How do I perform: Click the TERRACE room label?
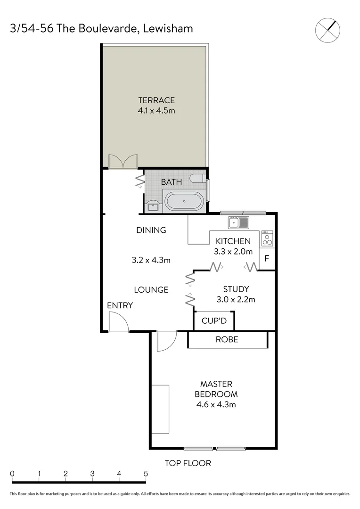coord(156,100)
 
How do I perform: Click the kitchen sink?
coord(238,222)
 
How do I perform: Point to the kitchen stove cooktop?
coord(267,238)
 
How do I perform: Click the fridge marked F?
coord(267,258)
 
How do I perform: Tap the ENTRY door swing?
coord(119,322)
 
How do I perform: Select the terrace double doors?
coord(123,161)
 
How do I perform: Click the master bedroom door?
coord(166,341)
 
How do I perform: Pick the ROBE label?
coord(227,339)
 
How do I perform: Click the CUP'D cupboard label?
coord(214,321)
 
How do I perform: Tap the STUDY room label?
coord(236,289)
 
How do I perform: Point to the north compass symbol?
coord(327,30)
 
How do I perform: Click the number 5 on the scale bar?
coord(146,473)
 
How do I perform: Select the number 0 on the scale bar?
coord(12,473)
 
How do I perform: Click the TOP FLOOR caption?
coord(188,463)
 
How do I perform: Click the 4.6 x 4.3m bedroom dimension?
coord(216,404)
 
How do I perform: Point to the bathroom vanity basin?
coord(153,205)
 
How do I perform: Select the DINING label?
coord(151,230)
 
